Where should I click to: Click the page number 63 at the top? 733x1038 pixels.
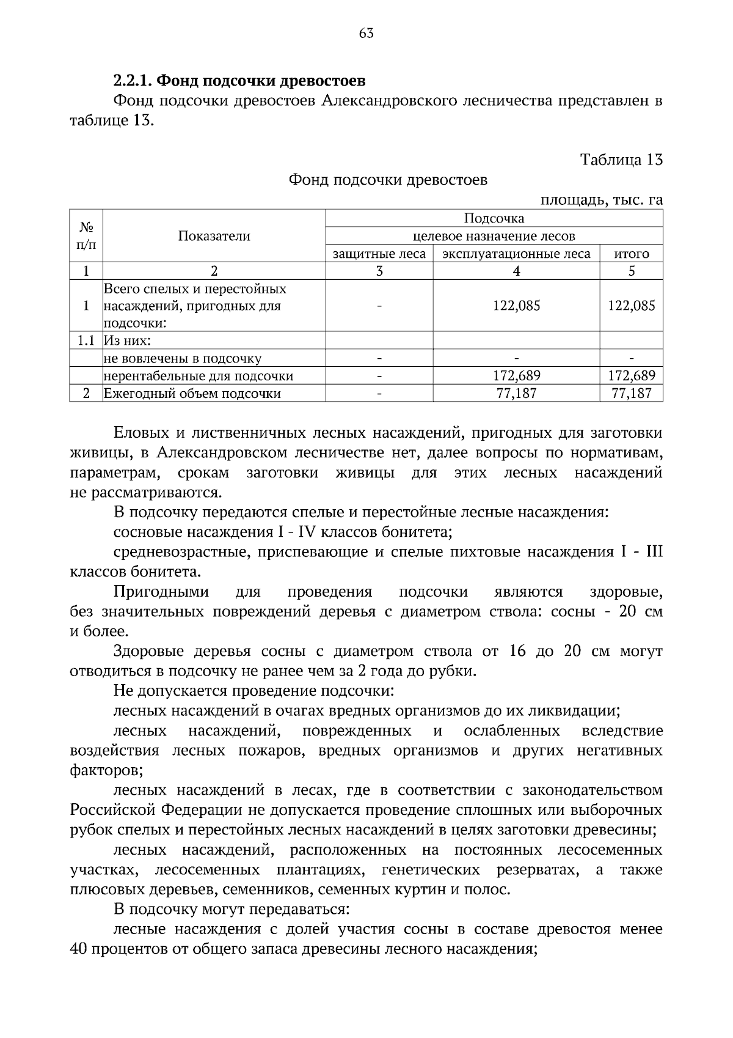[366, 34]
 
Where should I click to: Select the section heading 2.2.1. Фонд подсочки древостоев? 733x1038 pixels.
[239, 81]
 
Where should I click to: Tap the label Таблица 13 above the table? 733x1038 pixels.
[621, 160]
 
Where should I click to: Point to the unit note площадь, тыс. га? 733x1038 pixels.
[602, 199]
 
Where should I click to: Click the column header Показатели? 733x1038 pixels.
[214, 236]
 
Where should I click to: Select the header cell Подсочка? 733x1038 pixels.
[494, 218]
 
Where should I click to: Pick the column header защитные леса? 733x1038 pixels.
[379, 254]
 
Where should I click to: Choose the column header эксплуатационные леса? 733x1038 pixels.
[516, 254]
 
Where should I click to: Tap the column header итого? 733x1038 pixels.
[631, 254]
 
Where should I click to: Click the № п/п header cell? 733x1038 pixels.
[86, 236]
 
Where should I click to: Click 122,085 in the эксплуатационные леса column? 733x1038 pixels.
[516, 306]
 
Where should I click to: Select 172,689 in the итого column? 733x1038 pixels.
[631, 376]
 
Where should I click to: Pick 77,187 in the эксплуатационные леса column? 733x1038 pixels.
[516, 394]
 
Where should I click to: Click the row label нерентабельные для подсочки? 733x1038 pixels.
[199, 376]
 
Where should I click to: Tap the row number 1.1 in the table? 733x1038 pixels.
[86, 340]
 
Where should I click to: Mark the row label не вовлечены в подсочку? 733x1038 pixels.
[183, 358]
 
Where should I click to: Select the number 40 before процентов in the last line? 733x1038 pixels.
[80, 949]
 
